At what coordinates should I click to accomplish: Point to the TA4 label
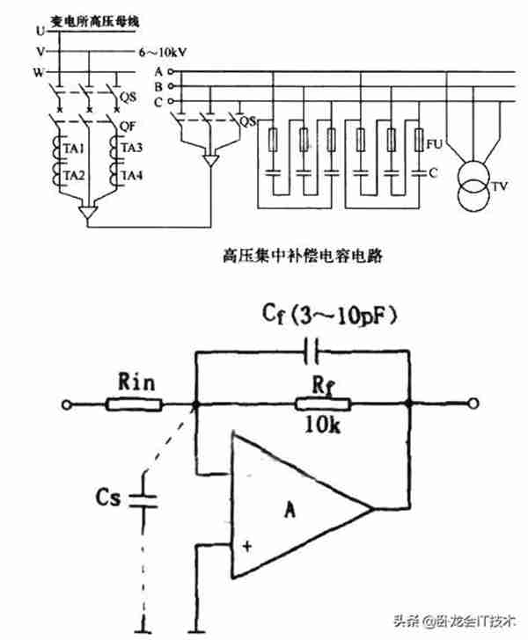(132, 177)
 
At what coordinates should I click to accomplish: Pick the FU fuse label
(433, 142)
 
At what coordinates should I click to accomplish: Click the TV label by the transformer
(499, 186)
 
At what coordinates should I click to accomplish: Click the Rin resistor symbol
(135, 404)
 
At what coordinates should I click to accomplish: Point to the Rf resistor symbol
(323, 404)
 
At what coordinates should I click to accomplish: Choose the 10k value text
(321, 427)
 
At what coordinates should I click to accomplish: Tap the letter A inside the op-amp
(290, 507)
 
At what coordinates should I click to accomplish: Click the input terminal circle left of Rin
(65, 404)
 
